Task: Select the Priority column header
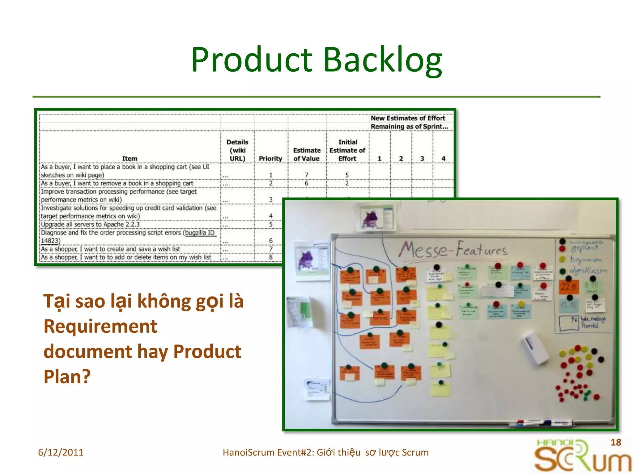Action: pyautogui.click(x=270, y=158)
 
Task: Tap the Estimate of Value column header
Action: pyautogui.click(x=307, y=154)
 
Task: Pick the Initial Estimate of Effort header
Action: pyautogui.click(x=347, y=150)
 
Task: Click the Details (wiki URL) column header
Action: pyautogui.click(x=237, y=150)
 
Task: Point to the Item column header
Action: pyautogui.click(x=130, y=158)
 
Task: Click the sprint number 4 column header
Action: pyautogui.click(x=443, y=158)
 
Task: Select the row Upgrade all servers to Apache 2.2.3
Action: pyautogui.click(x=90, y=224)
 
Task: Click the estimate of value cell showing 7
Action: pyautogui.click(x=307, y=175)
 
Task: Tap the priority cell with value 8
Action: pyautogui.click(x=271, y=257)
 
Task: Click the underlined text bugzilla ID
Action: pyautogui.click(x=200, y=233)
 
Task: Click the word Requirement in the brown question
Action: pyautogui.click(x=100, y=326)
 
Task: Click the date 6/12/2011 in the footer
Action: pyautogui.click(x=61, y=452)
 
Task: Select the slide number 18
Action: pyautogui.click(x=616, y=442)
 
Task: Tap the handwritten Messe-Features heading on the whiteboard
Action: pyautogui.click(x=453, y=249)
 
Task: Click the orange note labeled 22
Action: pyautogui.click(x=568, y=287)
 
